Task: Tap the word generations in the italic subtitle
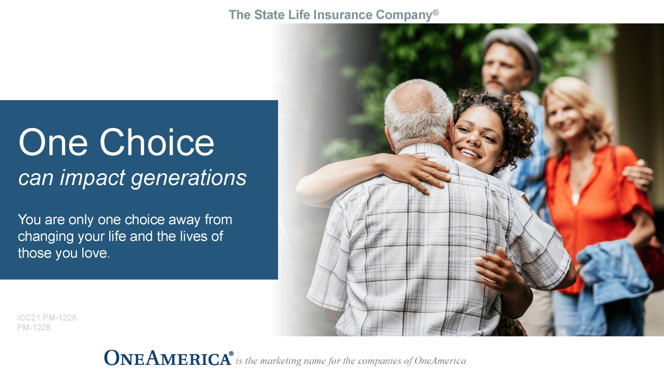pyautogui.click(x=189, y=178)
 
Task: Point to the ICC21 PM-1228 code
pyautogui.click(x=47, y=318)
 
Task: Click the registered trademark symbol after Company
pyautogui.click(x=436, y=12)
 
